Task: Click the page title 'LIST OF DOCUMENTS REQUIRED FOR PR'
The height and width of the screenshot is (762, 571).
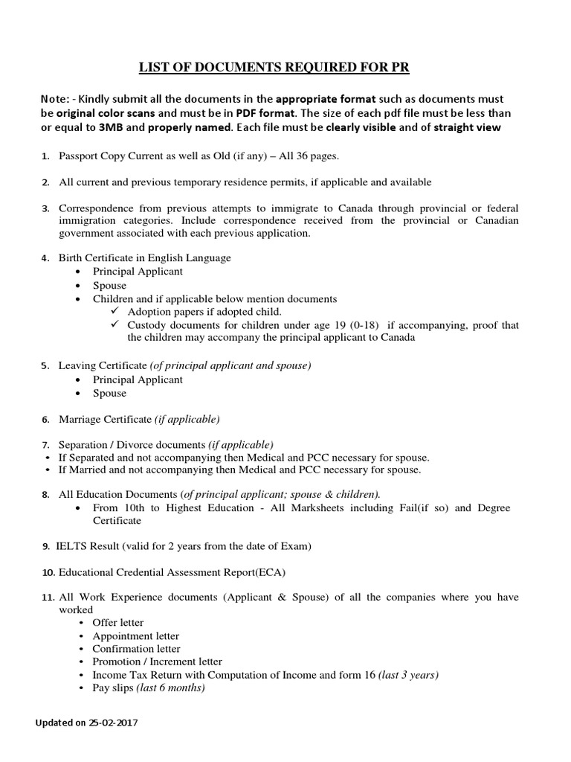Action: pos(274,68)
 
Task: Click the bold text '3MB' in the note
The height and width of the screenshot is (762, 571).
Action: pos(112,127)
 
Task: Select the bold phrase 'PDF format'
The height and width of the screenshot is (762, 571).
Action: pos(265,113)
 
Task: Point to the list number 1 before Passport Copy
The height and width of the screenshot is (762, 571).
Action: pos(45,156)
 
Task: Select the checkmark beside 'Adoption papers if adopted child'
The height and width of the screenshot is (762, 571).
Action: pos(114,312)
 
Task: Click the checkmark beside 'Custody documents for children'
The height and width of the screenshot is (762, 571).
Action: pos(114,325)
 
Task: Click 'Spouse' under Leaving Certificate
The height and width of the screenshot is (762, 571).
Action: pos(109,393)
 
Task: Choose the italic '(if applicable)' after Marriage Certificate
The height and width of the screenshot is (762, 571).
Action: pos(187,419)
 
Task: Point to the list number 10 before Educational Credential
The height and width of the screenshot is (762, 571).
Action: pos(48,572)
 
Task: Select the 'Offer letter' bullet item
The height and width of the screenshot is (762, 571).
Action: pos(118,623)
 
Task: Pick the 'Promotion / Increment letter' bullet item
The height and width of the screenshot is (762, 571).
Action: pos(157,662)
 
